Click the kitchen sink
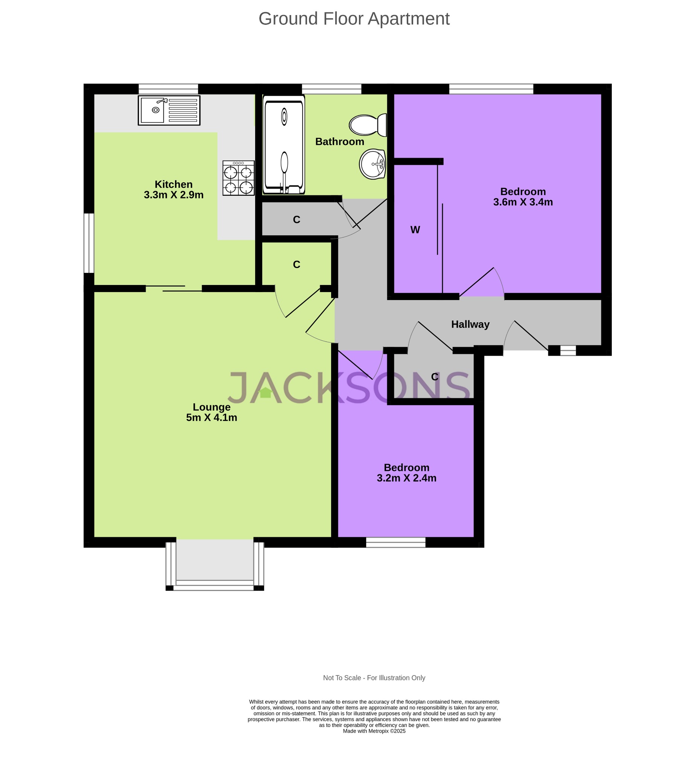pyautogui.click(x=169, y=110)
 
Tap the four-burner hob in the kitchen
pyautogui.click(x=238, y=178)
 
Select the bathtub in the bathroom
pyautogui.click(x=284, y=145)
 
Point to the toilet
pyautogui.click(x=368, y=125)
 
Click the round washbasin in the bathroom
pyautogui.click(x=372, y=164)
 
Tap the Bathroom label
pyautogui.click(x=339, y=142)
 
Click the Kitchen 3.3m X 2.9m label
pyautogui.click(x=173, y=189)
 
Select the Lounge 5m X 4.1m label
pyautogui.click(x=211, y=412)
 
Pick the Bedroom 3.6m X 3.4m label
pyautogui.click(x=523, y=197)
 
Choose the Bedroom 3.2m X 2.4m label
pyautogui.click(x=406, y=472)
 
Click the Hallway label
pyautogui.click(x=470, y=325)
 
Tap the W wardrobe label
pyautogui.click(x=415, y=230)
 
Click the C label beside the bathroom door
pyautogui.click(x=297, y=219)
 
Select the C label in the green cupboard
pyautogui.click(x=297, y=264)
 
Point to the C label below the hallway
pyautogui.click(x=435, y=377)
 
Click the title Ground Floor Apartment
pyautogui.click(x=354, y=18)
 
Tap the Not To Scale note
pyautogui.click(x=374, y=678)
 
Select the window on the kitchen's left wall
pyautogui.click(x=88, y=243)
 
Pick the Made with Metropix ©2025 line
pyautogui.click(x=374, y=731)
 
